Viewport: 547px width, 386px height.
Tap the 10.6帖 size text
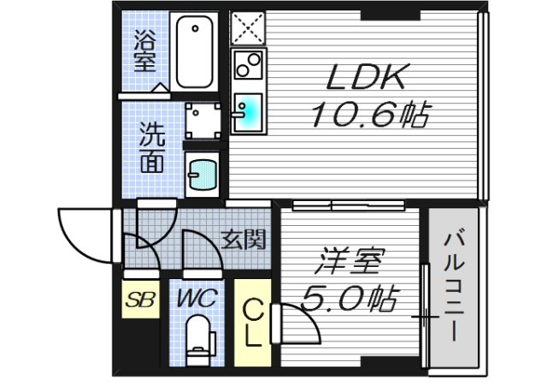pos(369,114)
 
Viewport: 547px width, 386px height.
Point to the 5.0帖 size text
pos(349,297)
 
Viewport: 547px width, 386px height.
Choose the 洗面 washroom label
pos(155,147)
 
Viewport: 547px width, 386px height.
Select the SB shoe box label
pos(140,300)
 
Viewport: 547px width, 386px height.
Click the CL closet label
pos(253,322)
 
